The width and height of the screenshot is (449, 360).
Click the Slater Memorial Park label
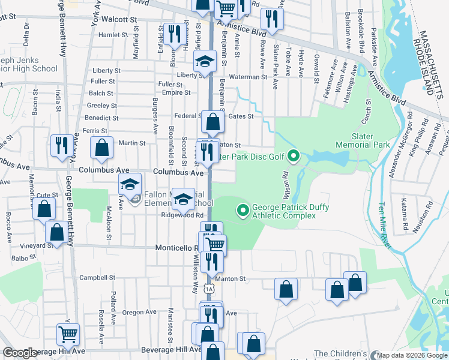[371, 141]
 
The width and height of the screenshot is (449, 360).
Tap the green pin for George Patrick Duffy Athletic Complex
[243, 210]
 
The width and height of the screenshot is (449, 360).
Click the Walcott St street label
[119, 19]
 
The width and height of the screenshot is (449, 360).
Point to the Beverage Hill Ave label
[170, 350]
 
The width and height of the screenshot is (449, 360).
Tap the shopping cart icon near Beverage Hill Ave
[68, 334]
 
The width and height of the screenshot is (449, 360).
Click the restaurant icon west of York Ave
[62, 146]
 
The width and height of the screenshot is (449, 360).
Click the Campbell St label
[97, 278]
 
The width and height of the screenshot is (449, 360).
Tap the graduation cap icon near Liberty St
[204, 61]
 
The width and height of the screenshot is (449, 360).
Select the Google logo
[20, 353]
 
